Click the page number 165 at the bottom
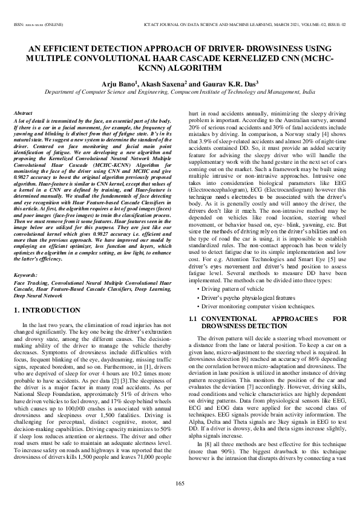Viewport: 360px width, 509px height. pyautogui.click(x=180, y=482)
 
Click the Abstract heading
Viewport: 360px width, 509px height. pyautogui.click(x=23, y=113)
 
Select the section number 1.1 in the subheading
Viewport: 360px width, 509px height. pyautogui.click(x=194, y=319)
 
